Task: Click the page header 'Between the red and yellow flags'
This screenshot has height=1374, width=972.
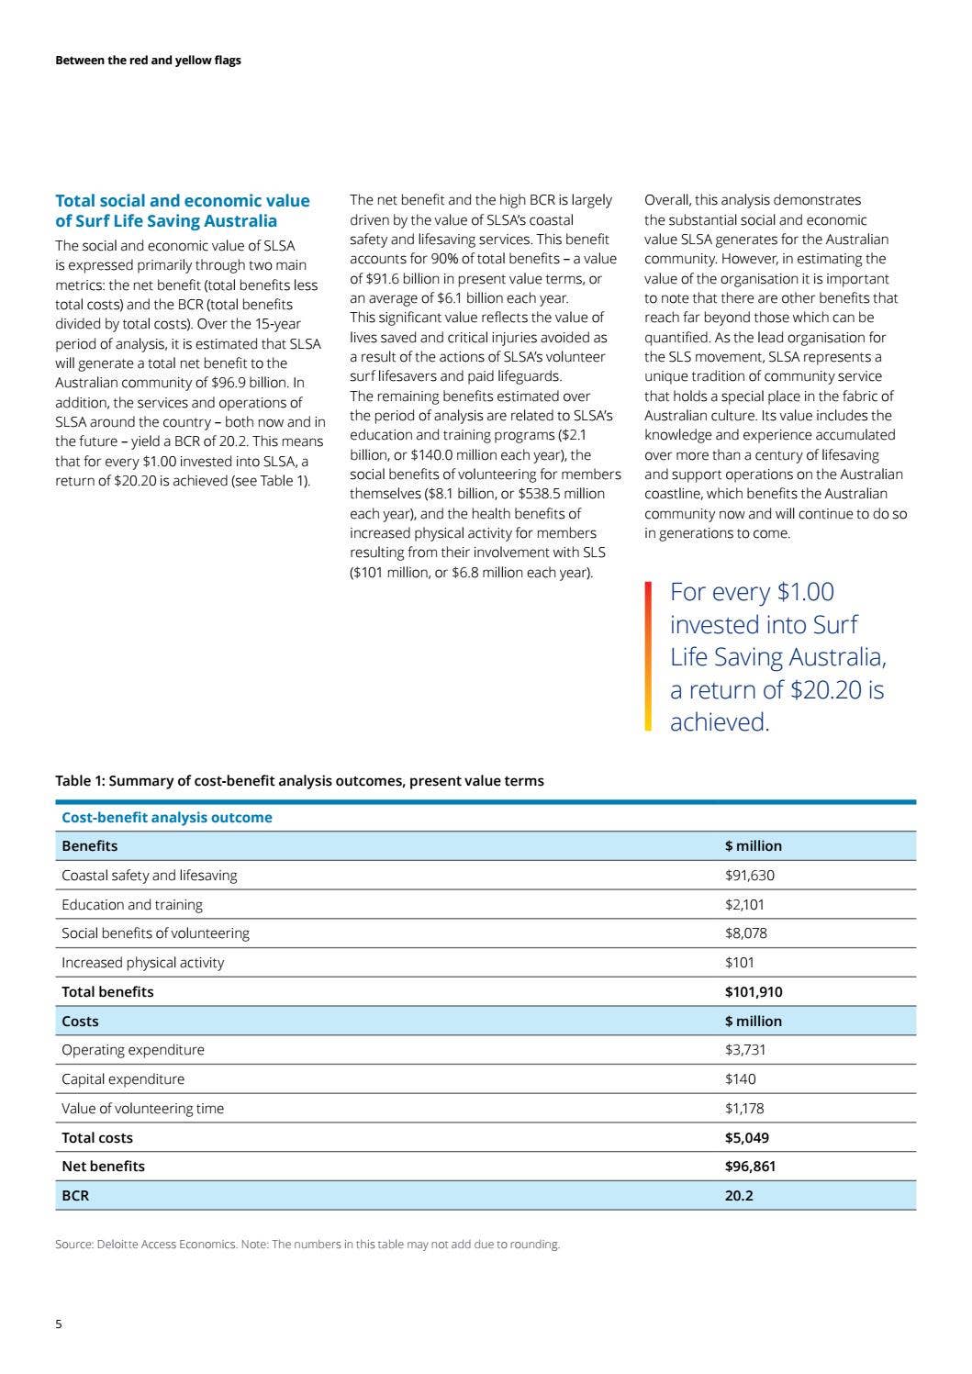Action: [x=148, y=61]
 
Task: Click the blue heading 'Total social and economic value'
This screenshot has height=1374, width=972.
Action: [x=183, y=201]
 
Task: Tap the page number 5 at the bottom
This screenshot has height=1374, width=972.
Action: [x=59, y=1324]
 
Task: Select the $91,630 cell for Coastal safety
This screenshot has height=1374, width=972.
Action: [x=749, y=876]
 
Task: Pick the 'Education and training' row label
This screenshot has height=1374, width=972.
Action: [x=132, y=905]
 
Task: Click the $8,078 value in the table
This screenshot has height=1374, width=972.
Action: [x=745, y=933]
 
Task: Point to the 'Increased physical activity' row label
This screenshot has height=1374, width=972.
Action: [x=142, y=963]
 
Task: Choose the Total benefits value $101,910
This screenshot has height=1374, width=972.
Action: [x=753, y=992]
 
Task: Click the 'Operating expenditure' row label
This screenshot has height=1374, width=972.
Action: [x=133, y=1050]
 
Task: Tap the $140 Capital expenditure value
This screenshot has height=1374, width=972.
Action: [x=740, y=1079]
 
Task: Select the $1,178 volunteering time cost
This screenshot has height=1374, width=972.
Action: [x=743, y=1109]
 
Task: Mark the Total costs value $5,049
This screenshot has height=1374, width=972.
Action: [x=746, y=1138]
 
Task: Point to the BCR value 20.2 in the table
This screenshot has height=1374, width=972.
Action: [x=739, y=1196]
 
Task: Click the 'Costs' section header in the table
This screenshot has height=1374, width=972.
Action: [x=80, y=1022]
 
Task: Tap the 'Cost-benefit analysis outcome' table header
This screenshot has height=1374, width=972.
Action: [x=167, y=818]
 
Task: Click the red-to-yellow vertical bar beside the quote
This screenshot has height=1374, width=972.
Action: [x=648, y=656]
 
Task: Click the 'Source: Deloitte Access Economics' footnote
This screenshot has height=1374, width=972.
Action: [x=145, y=1245]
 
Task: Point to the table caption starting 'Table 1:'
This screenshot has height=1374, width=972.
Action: [x=299, y=781]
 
